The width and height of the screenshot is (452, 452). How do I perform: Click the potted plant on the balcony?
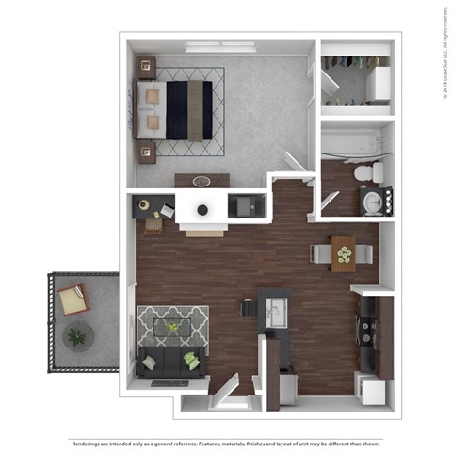(75, 334)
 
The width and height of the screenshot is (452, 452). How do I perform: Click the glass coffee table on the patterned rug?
(172, 327)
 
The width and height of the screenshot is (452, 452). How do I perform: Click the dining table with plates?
(342, 254)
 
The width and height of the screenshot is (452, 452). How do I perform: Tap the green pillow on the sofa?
(192, 359)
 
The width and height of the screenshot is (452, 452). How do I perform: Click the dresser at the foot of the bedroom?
(202, 180)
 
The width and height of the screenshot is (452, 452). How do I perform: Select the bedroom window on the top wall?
(220, 44)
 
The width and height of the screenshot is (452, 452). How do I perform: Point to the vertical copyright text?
(444, 52)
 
